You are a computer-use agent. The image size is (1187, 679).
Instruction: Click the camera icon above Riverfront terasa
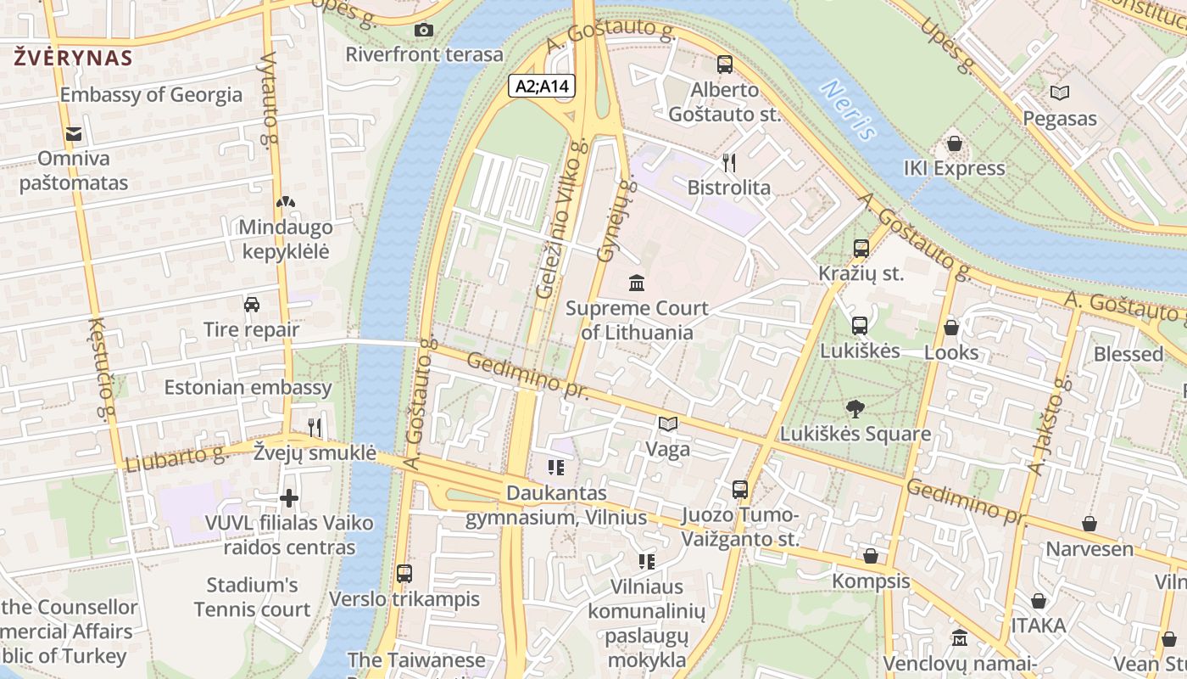pyautogui.click(x=424, y=31)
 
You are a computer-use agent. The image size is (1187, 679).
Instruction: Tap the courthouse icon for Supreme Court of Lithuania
pyautogui.click(x=636, y=282)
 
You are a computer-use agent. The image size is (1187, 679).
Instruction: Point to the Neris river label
pyautogui.click(x=849, y=109)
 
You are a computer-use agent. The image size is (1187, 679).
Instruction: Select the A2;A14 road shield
pyautogui.click(x=543, y=86)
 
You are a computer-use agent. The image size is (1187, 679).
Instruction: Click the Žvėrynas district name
pyautogui.click(x=73, y=58)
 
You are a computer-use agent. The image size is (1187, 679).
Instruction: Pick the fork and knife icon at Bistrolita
pyautogui.click(x=728, y=162)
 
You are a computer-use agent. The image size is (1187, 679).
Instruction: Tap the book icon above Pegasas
pyautogui.click(x=1059, y=93)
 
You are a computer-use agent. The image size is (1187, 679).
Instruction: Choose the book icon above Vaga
pyautogui.click(x=668, y=424)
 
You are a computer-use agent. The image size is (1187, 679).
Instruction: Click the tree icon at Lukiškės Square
pyautogui.click(x=855, y=408)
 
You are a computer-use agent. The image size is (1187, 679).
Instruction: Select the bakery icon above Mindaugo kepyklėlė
pyautogui.click(x=286, y=202)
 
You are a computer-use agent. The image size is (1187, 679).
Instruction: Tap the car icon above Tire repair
pyautogui.click(x=251, y=304)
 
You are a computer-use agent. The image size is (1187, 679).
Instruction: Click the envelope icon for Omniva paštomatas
pyautogui.click(x=73, y=133)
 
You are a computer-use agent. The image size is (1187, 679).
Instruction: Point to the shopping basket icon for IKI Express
pyautogui.click(x=954, y=143)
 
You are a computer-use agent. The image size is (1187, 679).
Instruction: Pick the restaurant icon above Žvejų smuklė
pyautogui.click(x=315, y=427)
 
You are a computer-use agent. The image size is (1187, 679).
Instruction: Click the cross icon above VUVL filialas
pyautogui.click(x=289, y=497)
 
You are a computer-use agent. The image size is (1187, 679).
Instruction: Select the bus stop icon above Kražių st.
pyautogui.click(x=861, y=249)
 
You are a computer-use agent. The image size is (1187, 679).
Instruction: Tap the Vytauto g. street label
pyautogui.click(x=270, y=100)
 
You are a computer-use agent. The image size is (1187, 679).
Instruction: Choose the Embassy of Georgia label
pyautogui.click(x=151, y=95)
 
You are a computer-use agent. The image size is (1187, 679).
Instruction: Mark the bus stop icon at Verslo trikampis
pyautogui.click(x=404, y=573)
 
